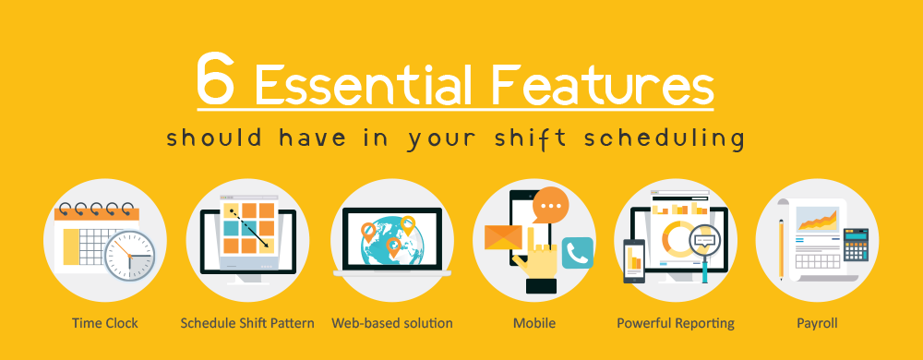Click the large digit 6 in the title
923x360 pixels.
(x=216, y=78)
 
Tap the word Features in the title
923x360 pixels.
(x=603, y=83)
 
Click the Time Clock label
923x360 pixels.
(x=105, y=323)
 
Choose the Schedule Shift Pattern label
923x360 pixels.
(x=247, y=323)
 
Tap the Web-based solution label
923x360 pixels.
(x=392, y=323)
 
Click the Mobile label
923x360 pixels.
(x=534, y=323)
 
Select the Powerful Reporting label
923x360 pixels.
(x=676, y=323)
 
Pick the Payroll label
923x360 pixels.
(x=817, y=323)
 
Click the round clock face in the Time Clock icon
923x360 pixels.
(x=129, y=256)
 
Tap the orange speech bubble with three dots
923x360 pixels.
(x=550, y=205)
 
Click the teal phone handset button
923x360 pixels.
(x=578, y=253)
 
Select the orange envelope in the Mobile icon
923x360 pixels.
(x=503, y=237)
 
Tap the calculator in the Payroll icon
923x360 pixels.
(x=856, y=245)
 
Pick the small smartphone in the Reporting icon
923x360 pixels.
(x=634, y=261)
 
